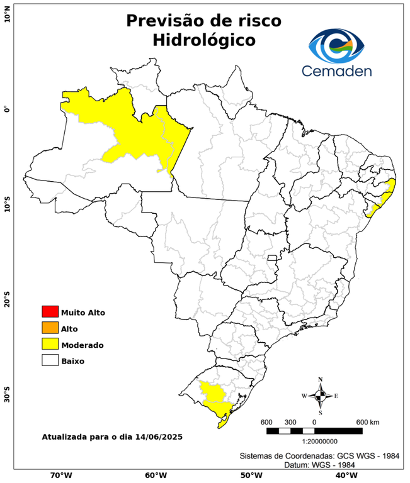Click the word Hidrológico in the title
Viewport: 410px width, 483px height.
pos(203,40)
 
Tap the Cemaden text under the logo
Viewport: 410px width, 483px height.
pos(336,70)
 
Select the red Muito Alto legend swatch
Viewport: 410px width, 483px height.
pos(50,311)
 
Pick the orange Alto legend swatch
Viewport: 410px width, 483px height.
pos(50,328)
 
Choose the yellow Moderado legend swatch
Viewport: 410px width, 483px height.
pos(50,344)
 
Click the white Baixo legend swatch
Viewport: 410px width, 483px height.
pos(50,360)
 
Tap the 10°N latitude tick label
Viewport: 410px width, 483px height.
pos(7,14)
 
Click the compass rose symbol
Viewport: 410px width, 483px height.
pos(320,396)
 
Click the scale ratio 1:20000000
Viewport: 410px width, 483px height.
pos(314,440)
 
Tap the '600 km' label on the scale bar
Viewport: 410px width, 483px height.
pos(368,421)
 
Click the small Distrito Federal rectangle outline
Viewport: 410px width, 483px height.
pos(273,257)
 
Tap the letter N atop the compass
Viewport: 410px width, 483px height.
pos(320,379)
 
